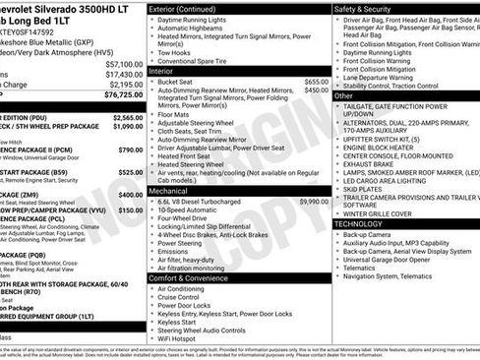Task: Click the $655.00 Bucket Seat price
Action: pyautogui.click(x=316, y=82)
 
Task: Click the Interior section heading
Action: pyautogui.click(x=161, y=71)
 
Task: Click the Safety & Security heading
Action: pyautogui.click(x=370, y=8)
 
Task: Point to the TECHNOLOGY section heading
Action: pyautogui.click(x=358, y=223)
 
